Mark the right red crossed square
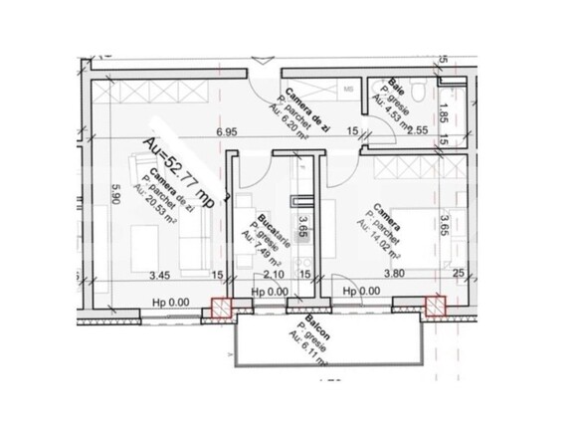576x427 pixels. [434, 307]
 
